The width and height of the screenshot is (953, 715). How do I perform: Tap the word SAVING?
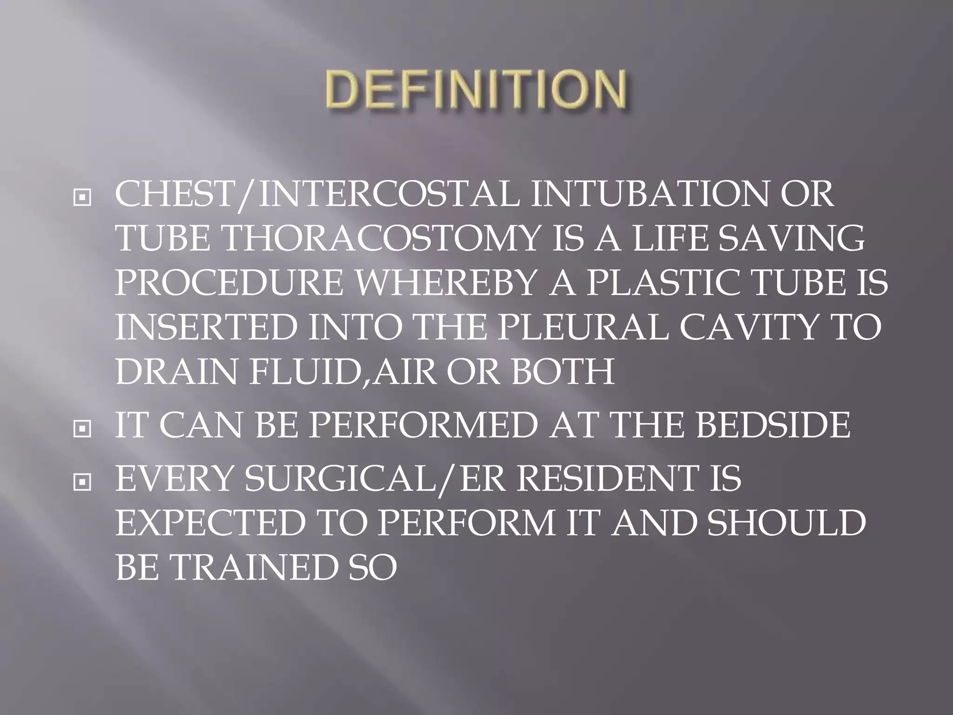(791, 239)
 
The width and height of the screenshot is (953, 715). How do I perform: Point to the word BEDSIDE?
(772, 425)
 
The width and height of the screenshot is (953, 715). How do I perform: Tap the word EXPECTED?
(210, 523)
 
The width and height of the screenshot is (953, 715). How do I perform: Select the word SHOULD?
(786, 523)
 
